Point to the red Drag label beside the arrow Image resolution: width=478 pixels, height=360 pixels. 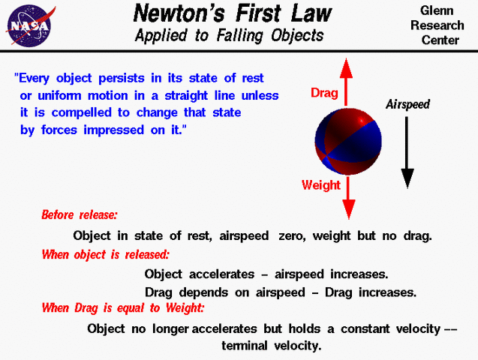pyautogui.click(x=325, y=94)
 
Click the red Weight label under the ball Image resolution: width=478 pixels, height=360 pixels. pyautogui.click(x=321, y=184)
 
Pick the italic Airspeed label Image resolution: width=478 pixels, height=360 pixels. pyautogui.click(x=407, y=105)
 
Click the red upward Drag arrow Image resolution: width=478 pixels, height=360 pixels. pyautogui.click(x=347, y=82)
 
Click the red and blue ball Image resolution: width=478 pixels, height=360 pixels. pyautogui.click(x=347, y=139)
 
